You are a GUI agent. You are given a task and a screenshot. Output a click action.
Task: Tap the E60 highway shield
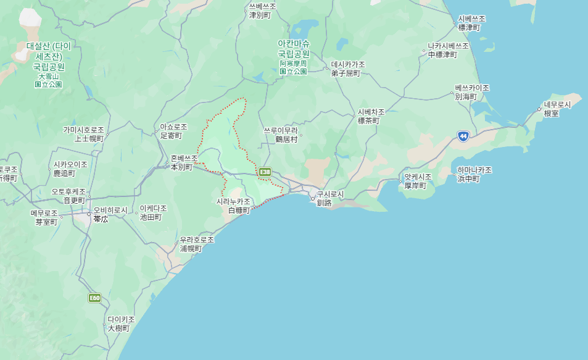pos(94,298)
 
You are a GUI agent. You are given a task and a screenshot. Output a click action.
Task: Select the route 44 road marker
pos(463,136)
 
